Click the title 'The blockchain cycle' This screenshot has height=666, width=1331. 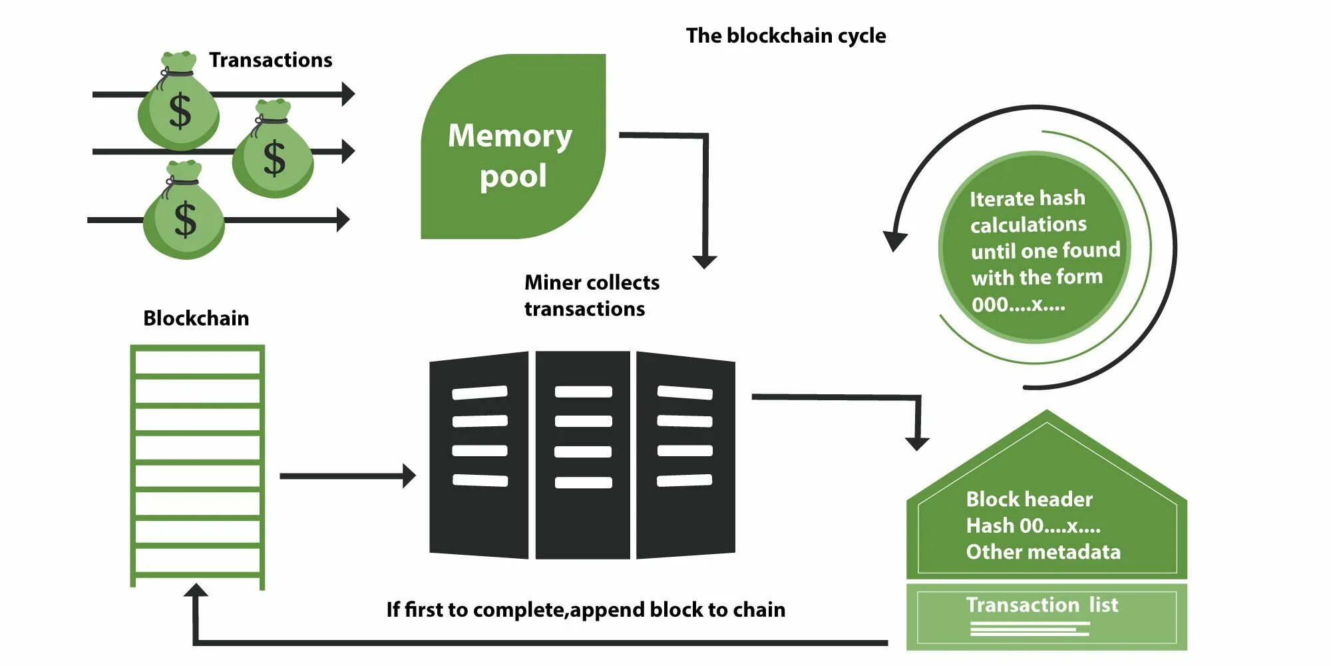tap(786, 35)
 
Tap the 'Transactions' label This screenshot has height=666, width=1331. tap(270, 60)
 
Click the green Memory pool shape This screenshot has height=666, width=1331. tap(513, 147)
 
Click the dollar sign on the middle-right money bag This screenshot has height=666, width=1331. tap(274, 159)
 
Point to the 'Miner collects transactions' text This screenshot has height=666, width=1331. tap(592, 296)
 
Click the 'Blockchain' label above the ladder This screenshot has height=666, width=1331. tap(196, 318)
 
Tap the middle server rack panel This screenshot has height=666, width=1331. tap(583, 456)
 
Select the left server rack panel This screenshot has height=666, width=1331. tap(479, 456)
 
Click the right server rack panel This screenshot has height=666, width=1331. tap(686, 456)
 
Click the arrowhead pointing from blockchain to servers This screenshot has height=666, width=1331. tap(409, 476)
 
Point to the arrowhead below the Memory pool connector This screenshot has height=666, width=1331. tap(705, 262)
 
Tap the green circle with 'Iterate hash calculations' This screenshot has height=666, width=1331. tap(1034, 247)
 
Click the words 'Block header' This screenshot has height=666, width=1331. tap(1029, 499)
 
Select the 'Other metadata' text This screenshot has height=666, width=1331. tap(1043, 552)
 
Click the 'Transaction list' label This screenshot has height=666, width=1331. tap(1042, 605)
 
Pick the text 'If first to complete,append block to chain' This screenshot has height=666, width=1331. tap(586, 610)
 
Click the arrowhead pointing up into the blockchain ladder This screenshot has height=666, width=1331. tap(196, 590)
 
